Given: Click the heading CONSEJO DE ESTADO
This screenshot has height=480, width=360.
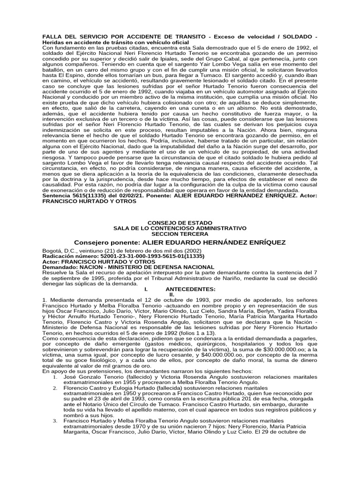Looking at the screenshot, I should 180,222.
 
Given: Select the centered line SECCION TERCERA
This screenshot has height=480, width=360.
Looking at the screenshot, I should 180,233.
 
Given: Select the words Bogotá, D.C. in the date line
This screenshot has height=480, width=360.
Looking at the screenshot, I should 60,251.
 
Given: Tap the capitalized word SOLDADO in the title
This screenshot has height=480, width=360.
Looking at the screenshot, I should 295,37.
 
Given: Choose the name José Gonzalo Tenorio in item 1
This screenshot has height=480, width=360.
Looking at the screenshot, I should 90,377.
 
